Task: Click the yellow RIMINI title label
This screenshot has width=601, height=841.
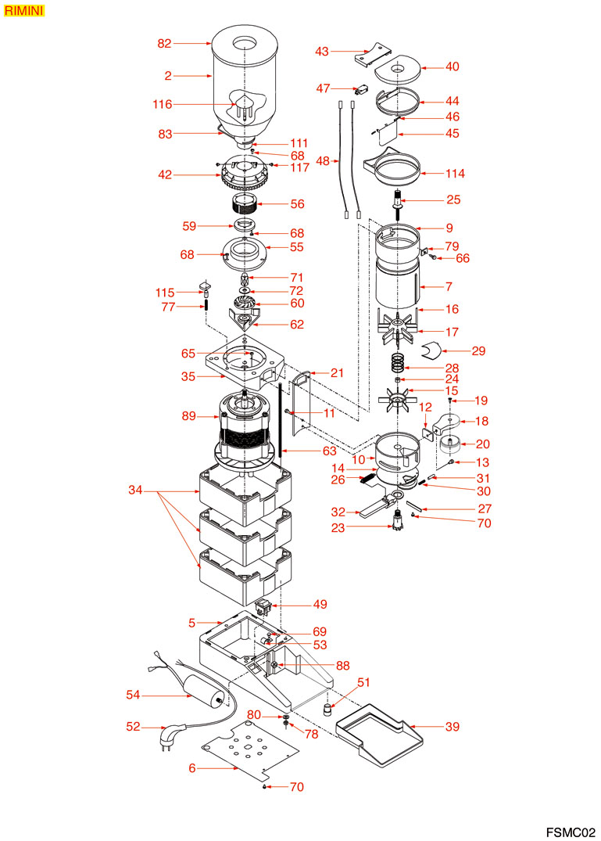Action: point(23,12)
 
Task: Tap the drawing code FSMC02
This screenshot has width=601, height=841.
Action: point(570,830)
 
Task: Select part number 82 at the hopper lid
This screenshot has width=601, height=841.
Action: point(164,44)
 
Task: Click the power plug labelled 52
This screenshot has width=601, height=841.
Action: point(170,735)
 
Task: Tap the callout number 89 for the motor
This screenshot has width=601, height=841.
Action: point(188,417)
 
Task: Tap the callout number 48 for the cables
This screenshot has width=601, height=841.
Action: point(323,161)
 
